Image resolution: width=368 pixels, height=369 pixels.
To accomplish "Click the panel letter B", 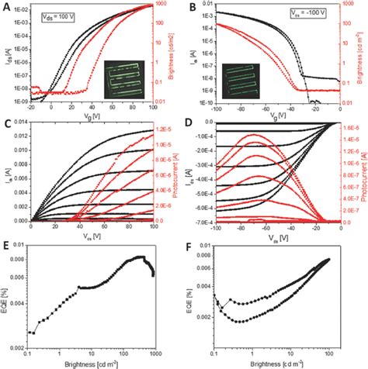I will click(x=189, y=7).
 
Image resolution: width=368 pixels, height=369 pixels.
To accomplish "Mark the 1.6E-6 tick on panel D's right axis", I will click(x=344, y=127).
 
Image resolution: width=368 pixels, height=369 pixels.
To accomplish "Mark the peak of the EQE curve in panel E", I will click(x=141, y=278).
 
